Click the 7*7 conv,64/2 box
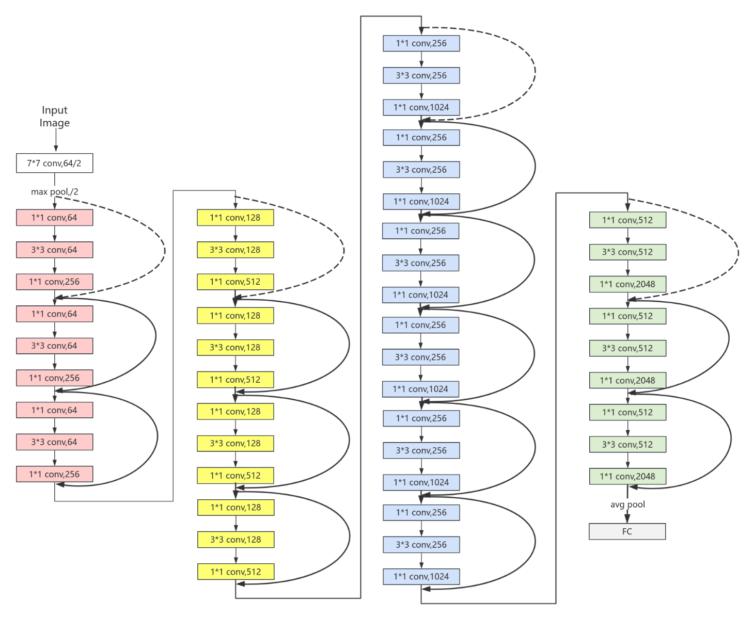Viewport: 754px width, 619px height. [54, 163]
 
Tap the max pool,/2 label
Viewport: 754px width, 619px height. [55, 192]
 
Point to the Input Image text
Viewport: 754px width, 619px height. [55, 117]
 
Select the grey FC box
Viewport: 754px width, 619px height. [627, 531]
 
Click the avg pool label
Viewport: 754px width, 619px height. [627, 504]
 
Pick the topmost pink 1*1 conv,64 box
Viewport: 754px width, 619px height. [54, 218]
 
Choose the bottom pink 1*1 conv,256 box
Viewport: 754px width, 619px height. [54, 474]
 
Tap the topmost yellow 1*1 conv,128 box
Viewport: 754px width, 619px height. [235, 218]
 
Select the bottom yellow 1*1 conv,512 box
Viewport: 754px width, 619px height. [235, 572]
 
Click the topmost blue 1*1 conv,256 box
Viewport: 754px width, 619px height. [421, 43]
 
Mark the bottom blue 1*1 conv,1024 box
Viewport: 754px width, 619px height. [421, 577]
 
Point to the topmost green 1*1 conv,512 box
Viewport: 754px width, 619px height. [627, 220]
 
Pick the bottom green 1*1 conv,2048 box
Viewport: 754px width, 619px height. [627, 477]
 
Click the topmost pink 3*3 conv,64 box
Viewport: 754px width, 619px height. [54, 250]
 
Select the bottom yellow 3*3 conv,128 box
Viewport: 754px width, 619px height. [235, 540]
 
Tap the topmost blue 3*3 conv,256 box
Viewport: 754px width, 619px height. [421, 75]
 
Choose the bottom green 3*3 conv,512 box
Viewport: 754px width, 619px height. [627, 445]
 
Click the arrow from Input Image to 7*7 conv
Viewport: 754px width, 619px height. [56, 140]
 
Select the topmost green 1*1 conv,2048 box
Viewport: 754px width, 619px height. [627, 284]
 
